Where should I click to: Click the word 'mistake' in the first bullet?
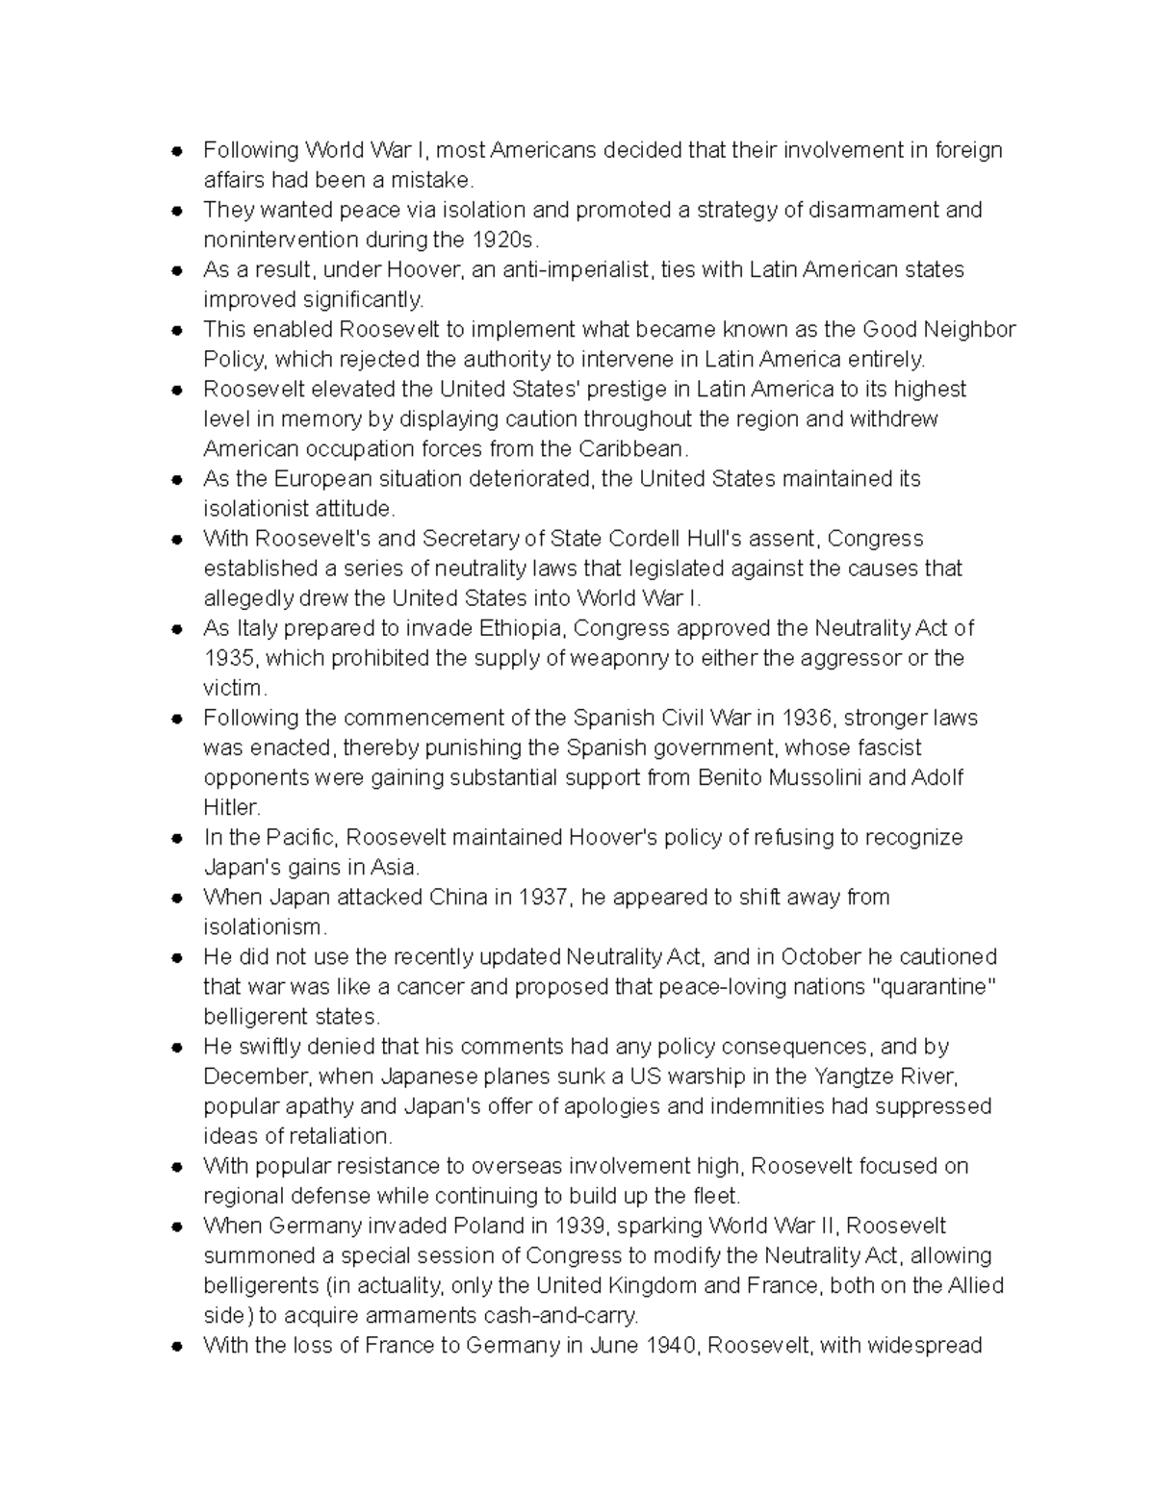point(437,180)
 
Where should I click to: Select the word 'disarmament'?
point(873,210)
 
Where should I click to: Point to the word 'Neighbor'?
point(969,329)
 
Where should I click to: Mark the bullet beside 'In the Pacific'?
point(177,838)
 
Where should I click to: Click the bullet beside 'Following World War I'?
point(177,151)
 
